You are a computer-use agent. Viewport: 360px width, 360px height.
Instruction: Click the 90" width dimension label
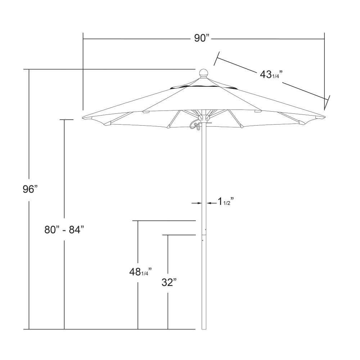[202, 38]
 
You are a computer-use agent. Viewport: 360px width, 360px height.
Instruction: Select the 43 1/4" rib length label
[271, 75]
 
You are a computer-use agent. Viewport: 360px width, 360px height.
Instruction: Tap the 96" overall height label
[30, 189]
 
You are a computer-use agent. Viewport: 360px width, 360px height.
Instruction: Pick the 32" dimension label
[169, 282]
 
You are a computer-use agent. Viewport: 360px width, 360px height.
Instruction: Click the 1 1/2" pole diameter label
[225, 202]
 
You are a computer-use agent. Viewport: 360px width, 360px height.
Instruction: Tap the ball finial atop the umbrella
[203, 73]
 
